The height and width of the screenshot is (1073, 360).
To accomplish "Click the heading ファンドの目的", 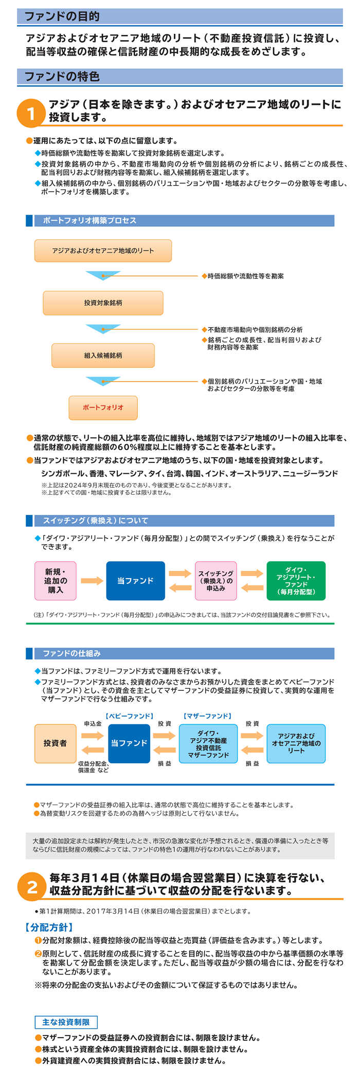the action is pos(62,16).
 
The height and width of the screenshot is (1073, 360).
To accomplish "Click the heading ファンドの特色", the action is pos(62,77).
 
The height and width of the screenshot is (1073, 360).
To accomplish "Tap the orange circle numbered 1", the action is pos(31,113).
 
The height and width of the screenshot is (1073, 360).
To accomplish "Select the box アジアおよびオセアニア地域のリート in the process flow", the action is pos(103,251).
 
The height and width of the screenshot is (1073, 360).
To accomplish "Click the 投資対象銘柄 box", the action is pos(103,303).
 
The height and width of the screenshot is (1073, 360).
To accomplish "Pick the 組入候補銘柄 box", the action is pos(103,355).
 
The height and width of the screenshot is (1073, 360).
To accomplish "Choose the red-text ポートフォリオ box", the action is pos(103,407).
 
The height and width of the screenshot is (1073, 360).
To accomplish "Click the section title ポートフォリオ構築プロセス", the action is pos(90,221).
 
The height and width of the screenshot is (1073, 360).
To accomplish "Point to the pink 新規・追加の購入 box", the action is pos(56,581).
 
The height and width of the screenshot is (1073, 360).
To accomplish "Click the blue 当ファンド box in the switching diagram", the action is pos(135,581).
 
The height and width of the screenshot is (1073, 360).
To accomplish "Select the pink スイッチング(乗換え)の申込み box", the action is pos(216,581).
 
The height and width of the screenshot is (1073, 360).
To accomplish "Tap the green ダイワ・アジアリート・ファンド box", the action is pos(296,581).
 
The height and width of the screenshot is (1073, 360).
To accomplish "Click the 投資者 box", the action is pos(55,743).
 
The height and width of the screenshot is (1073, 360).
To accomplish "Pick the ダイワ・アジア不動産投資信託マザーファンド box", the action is pos(208,744).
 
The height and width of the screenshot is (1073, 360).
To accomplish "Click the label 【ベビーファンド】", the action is pos(129,716).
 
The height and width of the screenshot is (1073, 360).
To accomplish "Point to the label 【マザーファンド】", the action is pos(208,716).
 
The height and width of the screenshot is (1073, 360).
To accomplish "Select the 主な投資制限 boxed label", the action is pos(66,1022).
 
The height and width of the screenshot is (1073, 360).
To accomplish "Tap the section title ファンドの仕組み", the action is pos(71,653).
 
